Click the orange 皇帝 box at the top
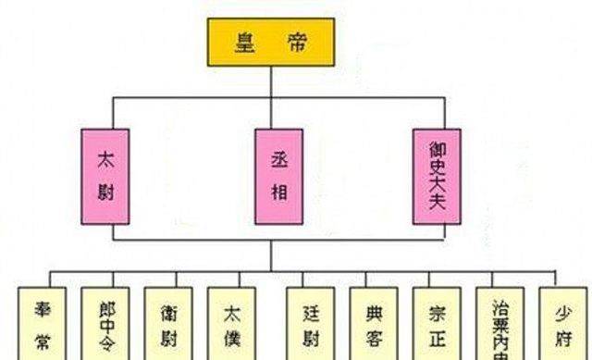coord(270,42)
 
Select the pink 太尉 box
coord(105,176)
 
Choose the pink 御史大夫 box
coord(438,176)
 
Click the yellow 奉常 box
coord(42,323)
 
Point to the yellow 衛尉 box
coord(167,323)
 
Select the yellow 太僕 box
coord(231,323)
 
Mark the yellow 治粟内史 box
coord(500,323)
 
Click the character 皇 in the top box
coord(243,42)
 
